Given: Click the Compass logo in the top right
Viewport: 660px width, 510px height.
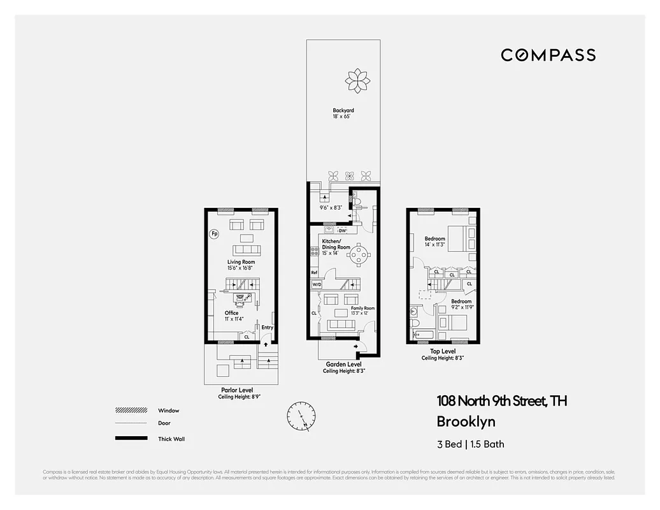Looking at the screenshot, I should (548, 55).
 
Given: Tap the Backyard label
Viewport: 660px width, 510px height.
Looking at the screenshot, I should (343, 111).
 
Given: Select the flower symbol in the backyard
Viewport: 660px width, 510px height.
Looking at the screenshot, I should (357, 81).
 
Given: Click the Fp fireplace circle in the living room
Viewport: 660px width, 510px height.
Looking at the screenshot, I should (214, 234).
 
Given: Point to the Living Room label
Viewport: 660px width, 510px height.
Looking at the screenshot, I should (241, 262).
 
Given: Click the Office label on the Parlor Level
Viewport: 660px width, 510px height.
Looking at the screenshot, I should (231, 313).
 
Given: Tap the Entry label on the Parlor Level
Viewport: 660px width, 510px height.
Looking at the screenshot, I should (267, 328).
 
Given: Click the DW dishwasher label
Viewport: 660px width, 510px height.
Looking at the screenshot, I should (342, 230).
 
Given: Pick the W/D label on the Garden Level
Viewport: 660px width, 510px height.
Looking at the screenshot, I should (316, 285).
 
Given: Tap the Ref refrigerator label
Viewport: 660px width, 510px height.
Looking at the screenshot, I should (314, 273).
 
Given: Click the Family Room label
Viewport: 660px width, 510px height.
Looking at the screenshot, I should (362, 309).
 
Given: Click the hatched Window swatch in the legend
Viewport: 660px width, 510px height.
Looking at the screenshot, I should (130, 411).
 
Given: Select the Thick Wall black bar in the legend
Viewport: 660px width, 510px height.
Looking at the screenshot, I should (130, 439).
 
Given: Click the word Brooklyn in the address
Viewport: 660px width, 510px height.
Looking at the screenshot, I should (466, 421).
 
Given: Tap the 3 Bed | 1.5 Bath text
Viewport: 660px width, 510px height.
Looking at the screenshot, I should (470, 444).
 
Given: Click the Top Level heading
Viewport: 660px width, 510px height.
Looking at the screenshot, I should (443, 351).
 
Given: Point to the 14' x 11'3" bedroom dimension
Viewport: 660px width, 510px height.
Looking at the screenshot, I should (435, 244).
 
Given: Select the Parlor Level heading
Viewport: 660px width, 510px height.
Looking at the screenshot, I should (237, 390).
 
